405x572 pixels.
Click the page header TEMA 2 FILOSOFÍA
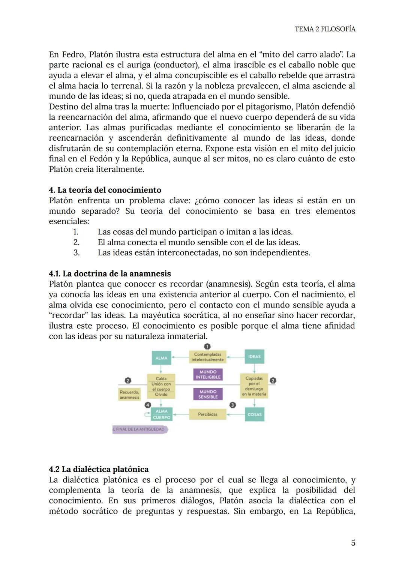point(325,29)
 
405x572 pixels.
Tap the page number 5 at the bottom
point(353,542)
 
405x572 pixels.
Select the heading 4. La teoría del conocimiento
point(105,190)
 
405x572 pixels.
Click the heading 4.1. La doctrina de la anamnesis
point(110,273)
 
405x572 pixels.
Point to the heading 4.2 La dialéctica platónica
point(99,469)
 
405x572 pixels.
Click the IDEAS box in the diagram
point(254,356)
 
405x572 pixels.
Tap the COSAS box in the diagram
point(254,414)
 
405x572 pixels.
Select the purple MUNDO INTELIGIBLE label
point(208,374)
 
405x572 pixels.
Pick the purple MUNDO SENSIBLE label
point(208,394)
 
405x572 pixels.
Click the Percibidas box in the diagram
point(207,414)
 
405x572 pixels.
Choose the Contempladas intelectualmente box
point(207,357)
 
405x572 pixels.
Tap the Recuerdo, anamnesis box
point(129,395)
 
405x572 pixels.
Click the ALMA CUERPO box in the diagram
point(161,414)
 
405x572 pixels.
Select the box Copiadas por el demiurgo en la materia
point(254,386)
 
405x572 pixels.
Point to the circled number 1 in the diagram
point(207,346)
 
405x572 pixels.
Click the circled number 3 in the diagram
point(232,405)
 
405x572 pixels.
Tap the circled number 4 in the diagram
point(148,405)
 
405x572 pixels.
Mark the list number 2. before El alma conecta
point(76,242)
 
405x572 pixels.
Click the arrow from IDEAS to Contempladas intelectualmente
point(235,357)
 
